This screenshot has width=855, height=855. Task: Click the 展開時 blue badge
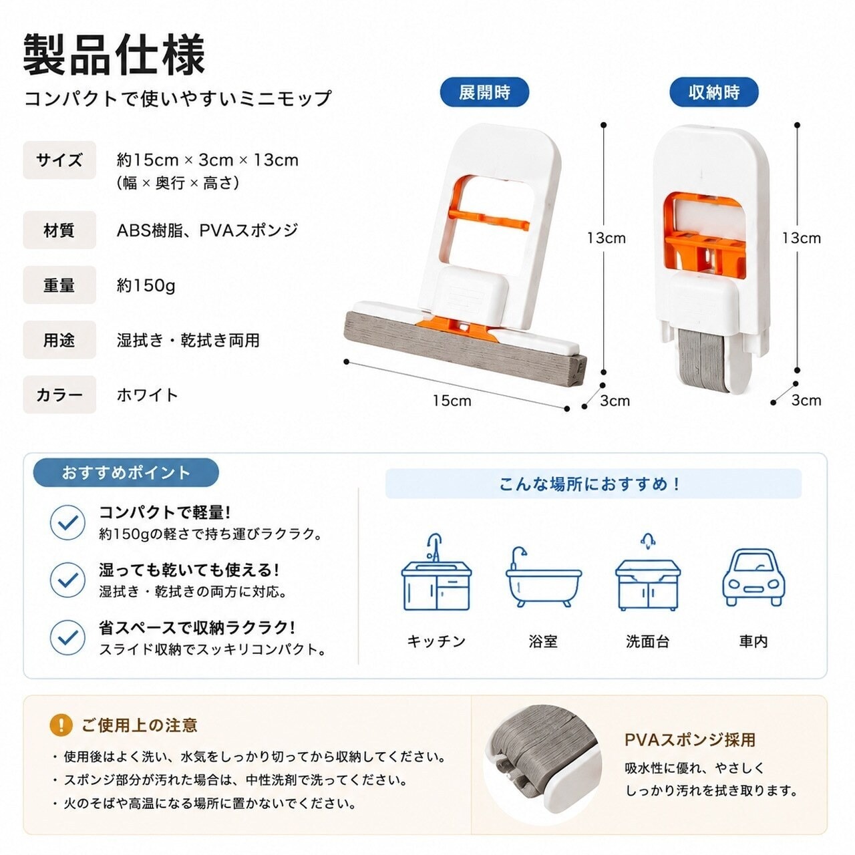coord(484,92)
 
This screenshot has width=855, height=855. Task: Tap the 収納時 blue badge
coord(714,92)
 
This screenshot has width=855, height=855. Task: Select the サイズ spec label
coord(59,160)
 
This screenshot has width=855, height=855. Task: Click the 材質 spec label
coord(59,230)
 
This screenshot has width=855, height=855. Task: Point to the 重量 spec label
coord(59,285)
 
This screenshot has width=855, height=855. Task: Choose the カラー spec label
coord(59,395)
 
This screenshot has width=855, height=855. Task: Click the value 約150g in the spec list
coord(146,286)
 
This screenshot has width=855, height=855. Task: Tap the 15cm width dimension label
coord(452,401)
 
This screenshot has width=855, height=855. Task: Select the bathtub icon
coord(544,577)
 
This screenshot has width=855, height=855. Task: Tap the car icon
coord(753,577)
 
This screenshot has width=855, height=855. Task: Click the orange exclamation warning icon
coord(61,725)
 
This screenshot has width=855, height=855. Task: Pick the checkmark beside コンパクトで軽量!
coord(67,522)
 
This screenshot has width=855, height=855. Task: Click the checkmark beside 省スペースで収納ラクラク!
coord(67,638)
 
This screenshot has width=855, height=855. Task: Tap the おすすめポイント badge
coord(126,473)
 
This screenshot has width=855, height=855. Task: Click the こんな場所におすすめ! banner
coord(593,484)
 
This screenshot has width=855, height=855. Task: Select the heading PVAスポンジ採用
coord(690,739)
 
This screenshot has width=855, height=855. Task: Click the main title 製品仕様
coord(114,55)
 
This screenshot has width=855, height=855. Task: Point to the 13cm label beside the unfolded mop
coord(606,238)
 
